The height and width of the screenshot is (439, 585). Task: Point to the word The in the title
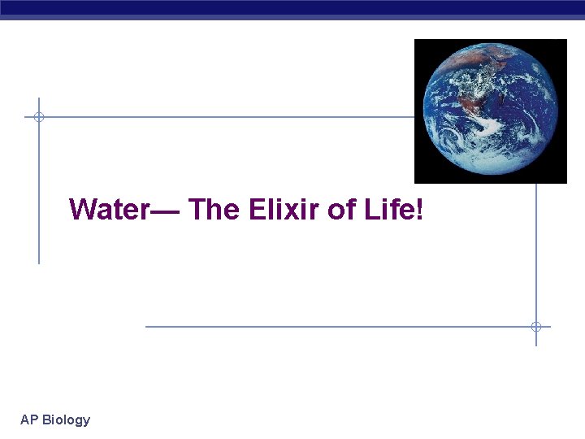click(214, 210)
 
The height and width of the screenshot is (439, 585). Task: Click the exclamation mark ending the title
click(419, 210)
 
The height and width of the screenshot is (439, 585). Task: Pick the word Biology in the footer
click(66, 419)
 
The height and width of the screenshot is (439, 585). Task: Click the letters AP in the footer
click(29, 419)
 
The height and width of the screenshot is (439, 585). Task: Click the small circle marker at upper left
click(38, 117)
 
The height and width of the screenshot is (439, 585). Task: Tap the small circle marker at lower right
click(536, 327)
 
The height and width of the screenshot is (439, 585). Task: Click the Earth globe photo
click(490, 111)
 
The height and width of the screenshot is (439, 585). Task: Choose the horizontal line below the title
click(341, 327)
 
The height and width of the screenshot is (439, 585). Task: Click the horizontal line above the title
click(227, 117)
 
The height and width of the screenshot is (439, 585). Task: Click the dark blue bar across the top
click(292, 8)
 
